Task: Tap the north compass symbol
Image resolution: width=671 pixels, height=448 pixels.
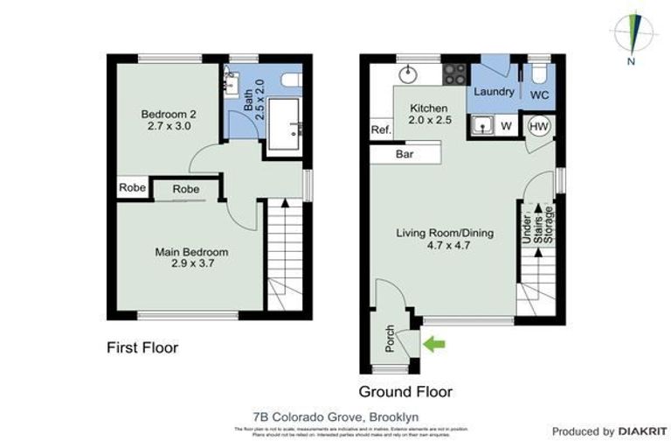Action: [634, 35]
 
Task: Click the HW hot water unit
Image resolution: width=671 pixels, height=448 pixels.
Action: [539, 127]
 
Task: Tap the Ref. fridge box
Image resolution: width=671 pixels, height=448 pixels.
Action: [380, 130]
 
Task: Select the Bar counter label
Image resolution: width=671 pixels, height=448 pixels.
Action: [405, 154]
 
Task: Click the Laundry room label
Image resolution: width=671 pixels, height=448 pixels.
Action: [493, 92]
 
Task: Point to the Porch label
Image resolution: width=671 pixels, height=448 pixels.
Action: [390, 339]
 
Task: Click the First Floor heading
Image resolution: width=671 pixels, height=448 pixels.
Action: [142, 347]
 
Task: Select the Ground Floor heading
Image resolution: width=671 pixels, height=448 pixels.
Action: [405, 391]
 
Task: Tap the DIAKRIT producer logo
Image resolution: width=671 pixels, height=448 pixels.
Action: [630, 431]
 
